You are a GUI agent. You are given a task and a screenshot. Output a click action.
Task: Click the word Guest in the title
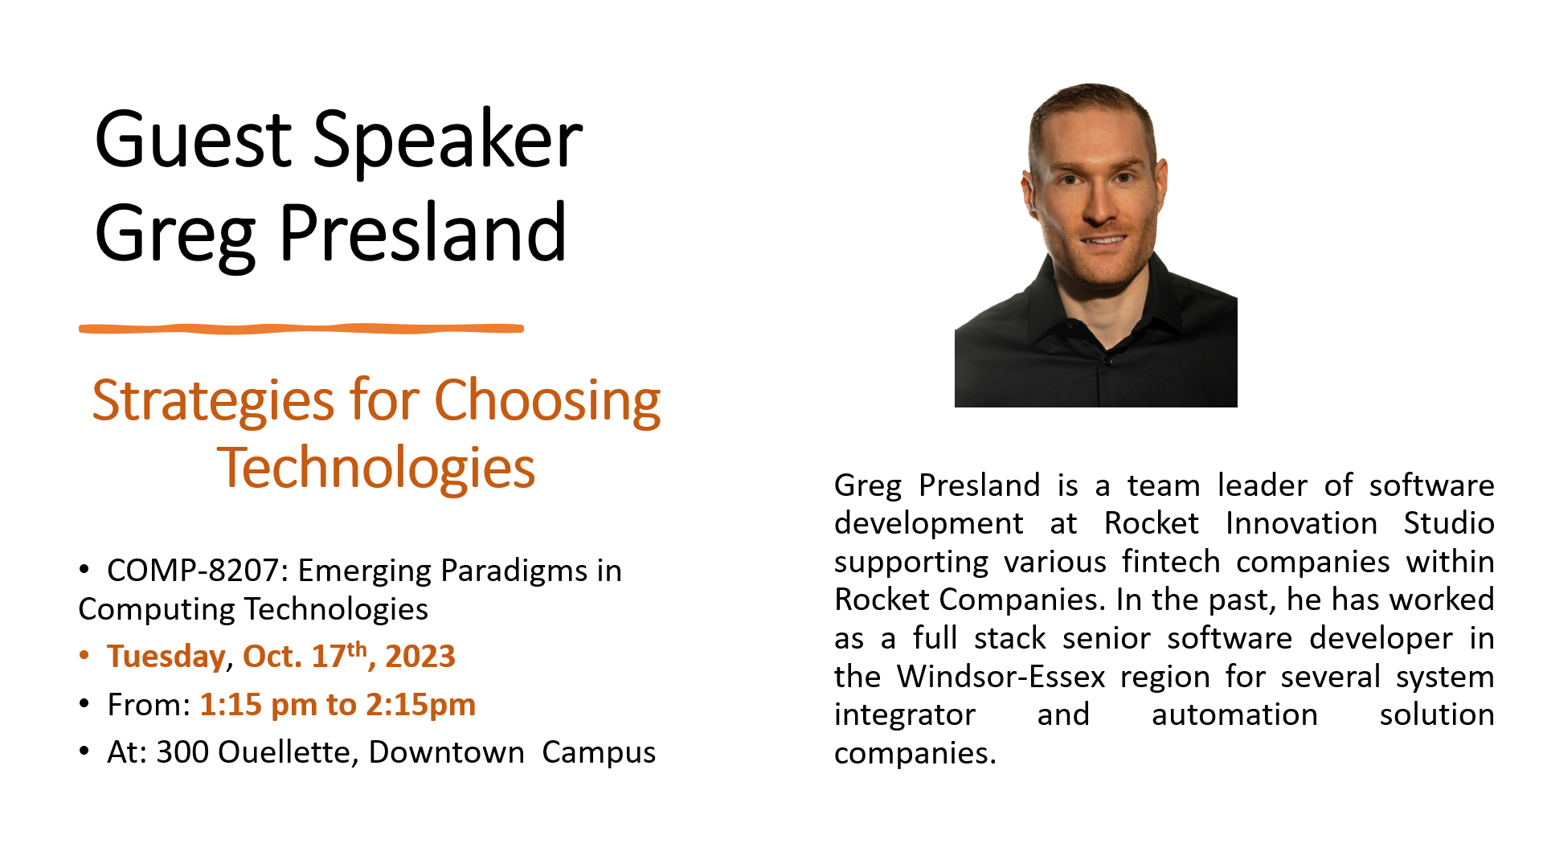click(193, 141)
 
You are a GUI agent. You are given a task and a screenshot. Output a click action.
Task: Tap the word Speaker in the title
click(447, 141)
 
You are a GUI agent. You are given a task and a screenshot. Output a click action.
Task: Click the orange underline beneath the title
click(301, 328)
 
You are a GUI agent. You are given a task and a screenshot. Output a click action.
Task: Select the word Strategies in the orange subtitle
click(213, 400)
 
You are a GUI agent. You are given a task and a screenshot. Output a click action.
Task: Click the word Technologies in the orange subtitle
click(376, 468)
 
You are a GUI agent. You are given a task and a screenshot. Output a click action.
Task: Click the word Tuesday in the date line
click(166, 657)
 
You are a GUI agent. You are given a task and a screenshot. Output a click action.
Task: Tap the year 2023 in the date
click(420, 657)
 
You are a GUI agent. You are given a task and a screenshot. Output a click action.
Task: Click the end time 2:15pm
click(420, 705)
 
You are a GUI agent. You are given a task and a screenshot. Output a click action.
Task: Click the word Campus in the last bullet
click(599, 752)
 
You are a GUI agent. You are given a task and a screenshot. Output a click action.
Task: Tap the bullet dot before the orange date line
click(84, 656)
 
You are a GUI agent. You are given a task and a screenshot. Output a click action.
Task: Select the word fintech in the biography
click(1171, 562)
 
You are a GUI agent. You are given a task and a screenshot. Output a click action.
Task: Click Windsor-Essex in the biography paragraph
click(1001, 677)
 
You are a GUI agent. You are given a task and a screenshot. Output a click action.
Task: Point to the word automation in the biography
click(1234, 714)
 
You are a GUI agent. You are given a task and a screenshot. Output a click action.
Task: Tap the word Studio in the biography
click(1448, 523)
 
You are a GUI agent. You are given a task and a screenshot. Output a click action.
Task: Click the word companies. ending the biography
click(915, 753)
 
